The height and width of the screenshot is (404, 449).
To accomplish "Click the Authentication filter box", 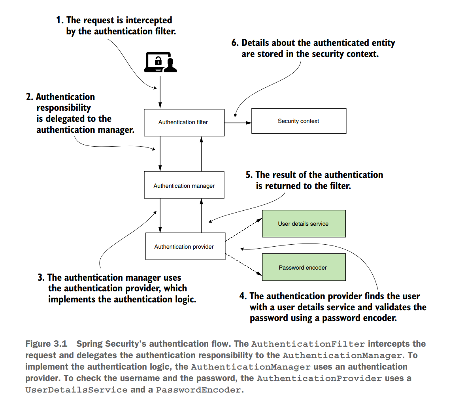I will pyautogui.click(x=183, y=122).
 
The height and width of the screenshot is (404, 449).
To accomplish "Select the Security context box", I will pyautogui.click(x=298, y=121).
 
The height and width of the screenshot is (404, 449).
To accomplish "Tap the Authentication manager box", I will pyautogui.click(x=184, y=185).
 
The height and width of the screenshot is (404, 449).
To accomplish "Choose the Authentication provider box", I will pyautogui.click(x=184, y=247).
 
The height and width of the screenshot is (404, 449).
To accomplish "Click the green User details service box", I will pyautogui.click(x=303, y=224).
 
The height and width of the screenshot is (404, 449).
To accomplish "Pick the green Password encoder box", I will pyautogui.click(x=303, y=268).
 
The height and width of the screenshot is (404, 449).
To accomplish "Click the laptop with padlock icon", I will pyautogui.click(x=159, y=62).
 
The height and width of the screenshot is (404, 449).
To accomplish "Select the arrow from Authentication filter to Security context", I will pyautogui.click(x=238, y=123).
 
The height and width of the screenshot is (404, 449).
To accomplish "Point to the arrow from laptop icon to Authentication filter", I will pyautogui.click(x=160, y=92).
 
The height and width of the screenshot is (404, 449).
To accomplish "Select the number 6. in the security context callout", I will pyautogui.click(x=235, y=43).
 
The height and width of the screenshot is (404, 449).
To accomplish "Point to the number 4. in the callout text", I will pyautogui.click(x=243, y=296).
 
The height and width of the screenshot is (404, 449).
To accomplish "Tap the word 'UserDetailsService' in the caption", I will pyautogui.click(x=76, y=390).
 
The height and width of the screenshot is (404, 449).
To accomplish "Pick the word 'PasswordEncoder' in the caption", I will pyautogui.click(x=198, y=390).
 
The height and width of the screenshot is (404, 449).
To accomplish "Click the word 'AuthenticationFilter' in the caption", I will pyautogui.click(x=308, y=344).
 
